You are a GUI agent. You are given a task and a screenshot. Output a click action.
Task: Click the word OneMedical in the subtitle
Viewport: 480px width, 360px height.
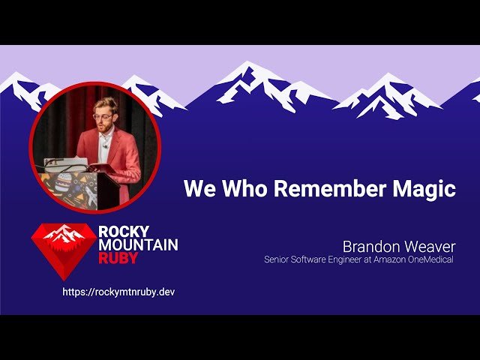point(434,259)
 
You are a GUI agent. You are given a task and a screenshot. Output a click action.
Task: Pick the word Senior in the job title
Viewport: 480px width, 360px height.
point(277,259)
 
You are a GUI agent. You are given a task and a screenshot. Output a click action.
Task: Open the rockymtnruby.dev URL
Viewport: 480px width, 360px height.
point(118,292)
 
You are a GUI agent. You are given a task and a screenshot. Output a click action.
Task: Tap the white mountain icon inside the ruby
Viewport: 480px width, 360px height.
point(64,234)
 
